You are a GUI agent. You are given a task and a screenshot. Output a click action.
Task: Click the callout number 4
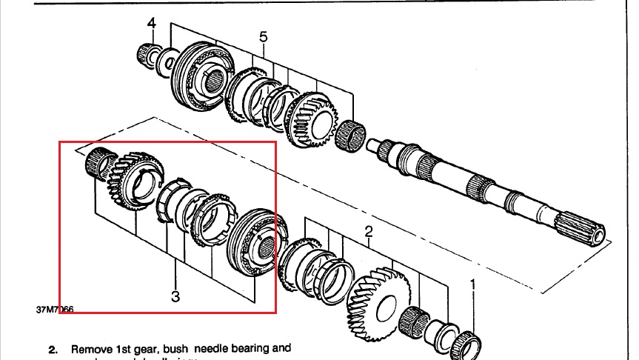coord(151,24)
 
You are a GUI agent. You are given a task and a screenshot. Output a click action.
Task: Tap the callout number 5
coord(263,36)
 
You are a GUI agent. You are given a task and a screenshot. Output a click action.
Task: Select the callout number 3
coord(175,297)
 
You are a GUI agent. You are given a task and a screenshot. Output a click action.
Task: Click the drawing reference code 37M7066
coord(54,310)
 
